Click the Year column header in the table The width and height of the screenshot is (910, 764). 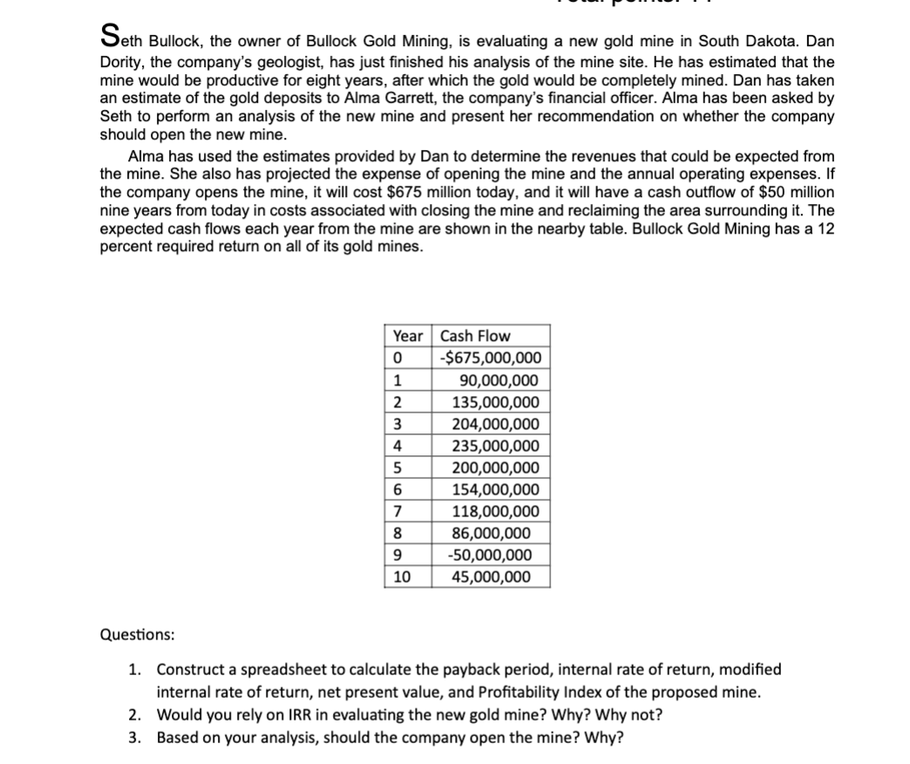407,336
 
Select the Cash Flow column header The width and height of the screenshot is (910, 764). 476,336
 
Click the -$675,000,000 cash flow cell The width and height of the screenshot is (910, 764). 491,358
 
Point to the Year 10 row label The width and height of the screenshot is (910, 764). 404,576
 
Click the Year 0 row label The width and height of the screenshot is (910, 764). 397,358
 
